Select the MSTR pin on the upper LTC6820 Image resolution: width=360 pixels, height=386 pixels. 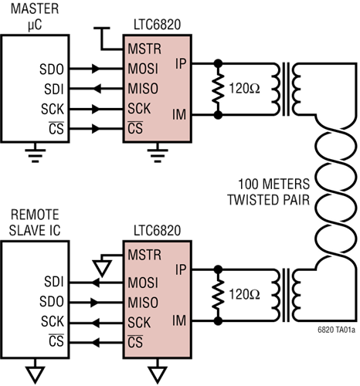pos(144,50)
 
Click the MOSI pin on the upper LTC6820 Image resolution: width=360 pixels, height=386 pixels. pos(144,69)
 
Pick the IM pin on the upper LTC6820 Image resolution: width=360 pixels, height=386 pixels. pos(180,116)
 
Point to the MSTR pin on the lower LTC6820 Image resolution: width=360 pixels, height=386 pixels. pos(144,254)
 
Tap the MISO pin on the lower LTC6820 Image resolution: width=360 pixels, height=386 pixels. pos(144,301)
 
